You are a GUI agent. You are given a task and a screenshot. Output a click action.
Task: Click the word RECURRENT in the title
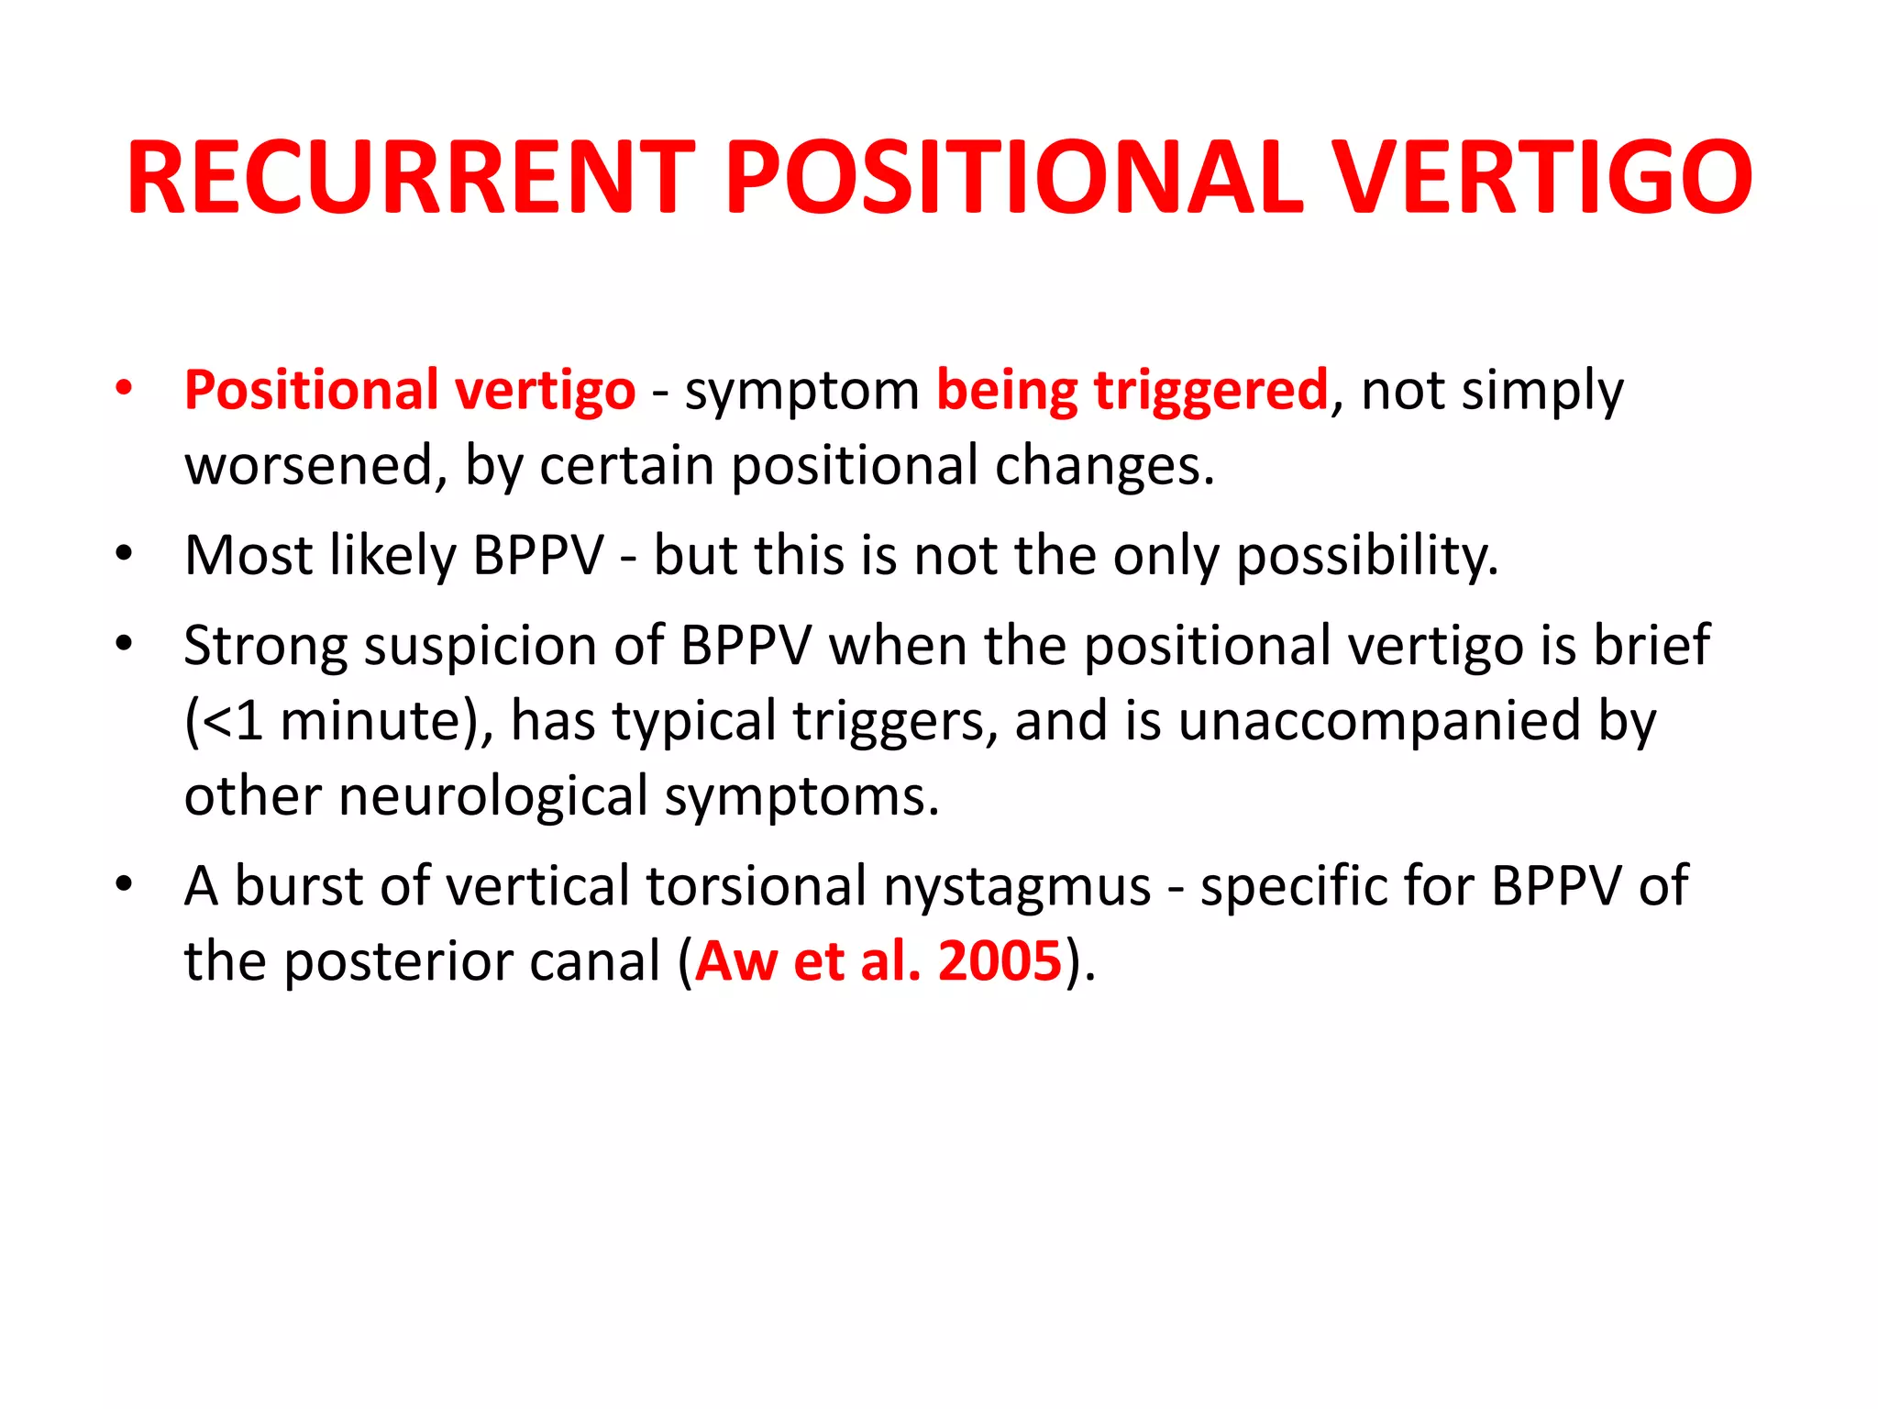coord(410,177)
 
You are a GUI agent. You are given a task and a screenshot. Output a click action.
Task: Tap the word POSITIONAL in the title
coord(1013,177)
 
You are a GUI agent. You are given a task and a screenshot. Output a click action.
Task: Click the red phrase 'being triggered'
coord(1132,391)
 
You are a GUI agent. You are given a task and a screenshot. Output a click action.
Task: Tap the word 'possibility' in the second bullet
coord(1366,557)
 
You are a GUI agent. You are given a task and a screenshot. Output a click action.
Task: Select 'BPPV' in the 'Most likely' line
coord(538,556)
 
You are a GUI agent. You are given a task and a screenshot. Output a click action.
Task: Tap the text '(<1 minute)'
coord(338,721)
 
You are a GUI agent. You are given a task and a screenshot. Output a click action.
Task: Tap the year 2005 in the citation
coord(1000,961)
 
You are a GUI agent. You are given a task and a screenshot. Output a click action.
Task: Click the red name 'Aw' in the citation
coord(735,961)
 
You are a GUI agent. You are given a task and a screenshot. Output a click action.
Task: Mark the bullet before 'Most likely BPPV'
coord(125,554)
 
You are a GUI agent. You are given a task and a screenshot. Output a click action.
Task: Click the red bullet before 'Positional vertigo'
coord(125,389)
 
